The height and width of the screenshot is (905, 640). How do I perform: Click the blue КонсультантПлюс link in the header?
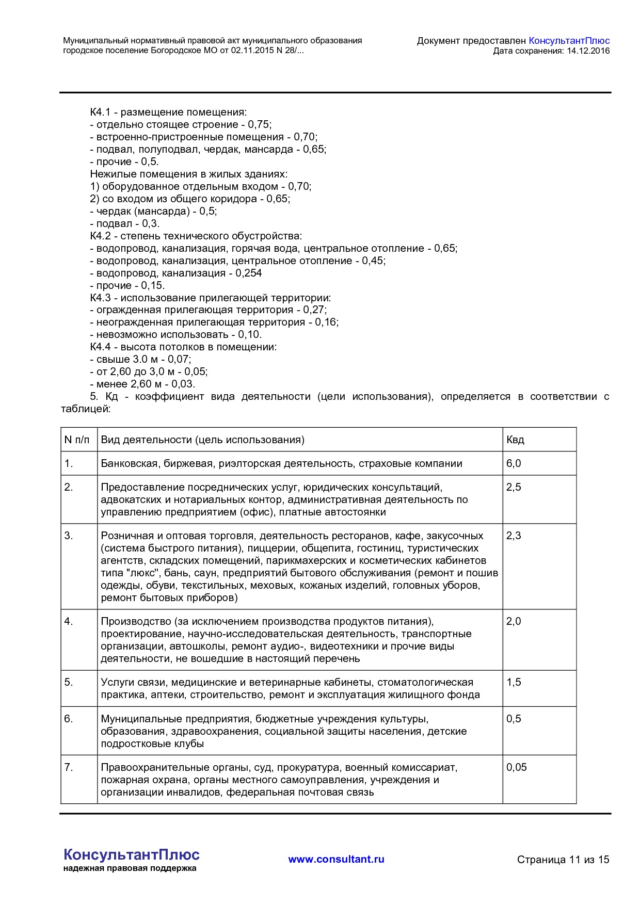click(569, 41)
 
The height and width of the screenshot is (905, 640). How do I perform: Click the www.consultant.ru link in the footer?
click(336, 859)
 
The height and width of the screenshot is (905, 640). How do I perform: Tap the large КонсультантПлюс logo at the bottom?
click(131, 854)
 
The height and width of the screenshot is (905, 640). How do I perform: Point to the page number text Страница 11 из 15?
click(563, 860)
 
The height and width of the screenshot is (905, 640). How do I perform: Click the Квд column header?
click(515, 440)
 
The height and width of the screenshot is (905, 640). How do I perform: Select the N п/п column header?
click(77, 440)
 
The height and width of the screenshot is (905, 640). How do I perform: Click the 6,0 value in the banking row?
click(514, 463)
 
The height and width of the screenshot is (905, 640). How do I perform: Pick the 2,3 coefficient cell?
click(514, 536)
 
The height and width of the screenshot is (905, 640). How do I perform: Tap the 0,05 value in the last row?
click(516, 767)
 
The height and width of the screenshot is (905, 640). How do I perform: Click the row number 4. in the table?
click(69, 621)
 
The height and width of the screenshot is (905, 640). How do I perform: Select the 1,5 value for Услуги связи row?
click(514, 682)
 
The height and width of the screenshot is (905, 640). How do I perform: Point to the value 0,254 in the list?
click(249, 273)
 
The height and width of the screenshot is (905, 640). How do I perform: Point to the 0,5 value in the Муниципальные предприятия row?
click(514, 719)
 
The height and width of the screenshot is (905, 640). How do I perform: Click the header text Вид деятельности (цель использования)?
click(202, 440)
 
